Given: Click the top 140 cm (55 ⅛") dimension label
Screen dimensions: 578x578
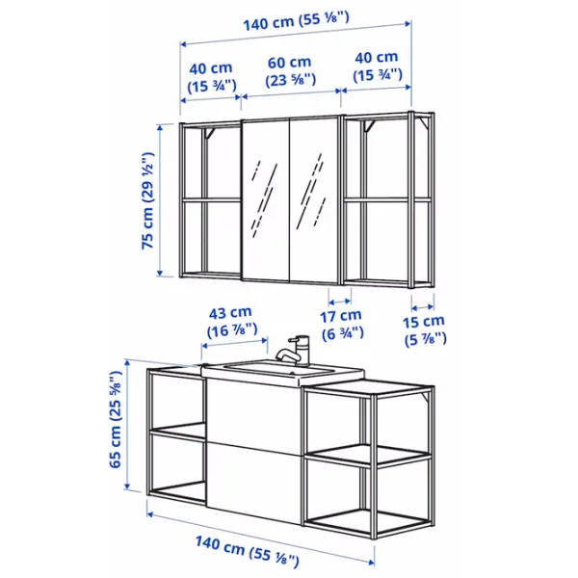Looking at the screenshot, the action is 296,21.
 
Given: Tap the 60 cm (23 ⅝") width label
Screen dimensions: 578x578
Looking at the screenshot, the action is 291,71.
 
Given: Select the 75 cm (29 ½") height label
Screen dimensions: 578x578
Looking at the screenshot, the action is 147,200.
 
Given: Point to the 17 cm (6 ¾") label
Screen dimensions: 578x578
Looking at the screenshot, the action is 342,325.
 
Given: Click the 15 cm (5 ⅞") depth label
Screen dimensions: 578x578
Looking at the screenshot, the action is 425,330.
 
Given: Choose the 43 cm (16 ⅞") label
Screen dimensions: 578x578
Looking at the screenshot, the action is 232,322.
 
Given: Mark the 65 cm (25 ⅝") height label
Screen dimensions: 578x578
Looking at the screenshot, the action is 116,419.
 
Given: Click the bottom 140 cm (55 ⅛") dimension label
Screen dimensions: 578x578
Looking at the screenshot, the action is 247,551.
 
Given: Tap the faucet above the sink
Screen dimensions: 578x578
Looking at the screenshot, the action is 294,350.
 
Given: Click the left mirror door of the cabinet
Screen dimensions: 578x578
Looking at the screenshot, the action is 266,200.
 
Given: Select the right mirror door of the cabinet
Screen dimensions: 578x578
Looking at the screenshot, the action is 314,201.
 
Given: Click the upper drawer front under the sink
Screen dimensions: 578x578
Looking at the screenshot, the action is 253,414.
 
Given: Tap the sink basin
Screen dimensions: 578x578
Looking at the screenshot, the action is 282,370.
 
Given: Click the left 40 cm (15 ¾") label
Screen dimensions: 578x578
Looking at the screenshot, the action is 212,77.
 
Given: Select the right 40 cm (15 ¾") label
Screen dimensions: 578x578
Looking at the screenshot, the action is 377,66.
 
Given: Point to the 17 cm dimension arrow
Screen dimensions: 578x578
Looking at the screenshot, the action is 339,302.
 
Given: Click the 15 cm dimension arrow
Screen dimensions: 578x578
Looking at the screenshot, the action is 423,307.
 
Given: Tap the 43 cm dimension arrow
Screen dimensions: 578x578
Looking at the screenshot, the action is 235,343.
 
